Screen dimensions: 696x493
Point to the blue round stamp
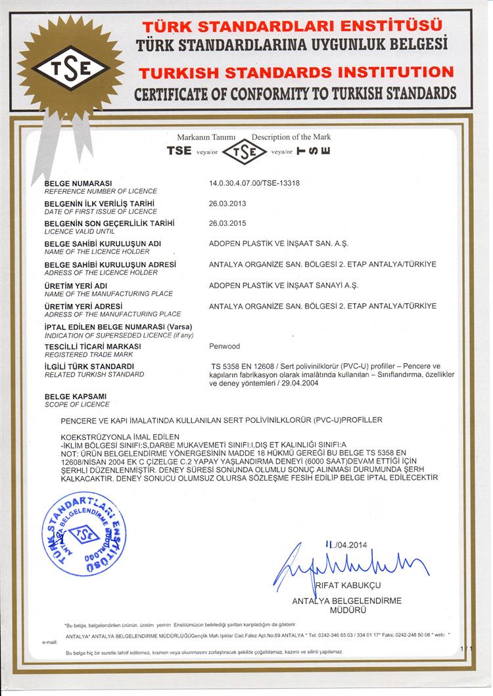click(84, 534)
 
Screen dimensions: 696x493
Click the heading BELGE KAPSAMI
click(75, 397)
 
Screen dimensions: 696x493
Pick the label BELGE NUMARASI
click(78, 183)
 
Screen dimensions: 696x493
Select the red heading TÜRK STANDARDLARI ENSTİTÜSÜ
click(294, 26)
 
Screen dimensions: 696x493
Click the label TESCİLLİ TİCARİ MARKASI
click(92, 345)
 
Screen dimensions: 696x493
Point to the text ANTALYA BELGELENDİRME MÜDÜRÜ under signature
click(346, 605)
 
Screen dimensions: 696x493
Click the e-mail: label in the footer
click(51, 642)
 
